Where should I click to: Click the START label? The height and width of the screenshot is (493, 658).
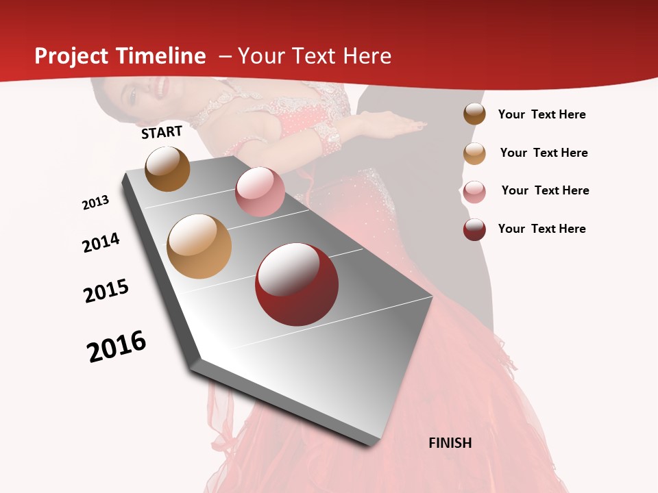162,132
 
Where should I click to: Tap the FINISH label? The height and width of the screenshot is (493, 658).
450,443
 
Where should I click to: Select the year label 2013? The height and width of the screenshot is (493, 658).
95,203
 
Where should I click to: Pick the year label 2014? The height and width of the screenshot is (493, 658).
101,242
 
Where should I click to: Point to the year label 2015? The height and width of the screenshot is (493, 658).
106,291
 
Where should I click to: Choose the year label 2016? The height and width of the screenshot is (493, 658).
117,346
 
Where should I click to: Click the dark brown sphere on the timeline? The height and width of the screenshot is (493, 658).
167,168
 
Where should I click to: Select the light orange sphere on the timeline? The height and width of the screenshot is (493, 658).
199,246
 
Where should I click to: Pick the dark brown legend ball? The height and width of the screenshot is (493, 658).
474,114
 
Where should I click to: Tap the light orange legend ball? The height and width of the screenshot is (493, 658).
474,153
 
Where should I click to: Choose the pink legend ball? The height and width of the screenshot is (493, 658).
474,191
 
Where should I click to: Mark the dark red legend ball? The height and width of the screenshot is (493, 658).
474,229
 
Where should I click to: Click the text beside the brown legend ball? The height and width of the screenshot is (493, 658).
541,114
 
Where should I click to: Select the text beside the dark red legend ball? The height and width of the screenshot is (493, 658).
541,229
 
